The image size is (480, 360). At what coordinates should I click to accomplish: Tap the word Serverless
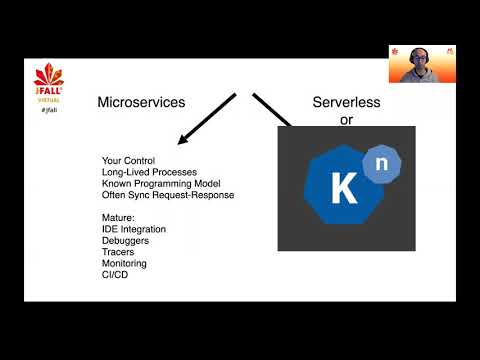[346, 101]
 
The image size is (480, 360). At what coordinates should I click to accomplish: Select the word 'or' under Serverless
[346, 119]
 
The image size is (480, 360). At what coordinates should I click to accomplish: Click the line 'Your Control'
[127, 161]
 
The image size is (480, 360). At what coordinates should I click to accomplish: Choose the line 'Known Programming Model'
[156, 183]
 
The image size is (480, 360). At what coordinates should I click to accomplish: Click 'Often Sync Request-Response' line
[167, 194]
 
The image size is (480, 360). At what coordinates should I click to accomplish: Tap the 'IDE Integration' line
[134, 229]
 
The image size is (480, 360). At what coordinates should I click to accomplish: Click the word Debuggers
[126, 241]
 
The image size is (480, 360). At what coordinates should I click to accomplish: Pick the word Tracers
[119, 252]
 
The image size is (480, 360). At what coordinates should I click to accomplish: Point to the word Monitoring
[124, 264]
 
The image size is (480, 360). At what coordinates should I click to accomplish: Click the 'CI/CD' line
[116, 275]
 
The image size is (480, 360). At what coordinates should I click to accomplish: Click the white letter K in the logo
[343, 189]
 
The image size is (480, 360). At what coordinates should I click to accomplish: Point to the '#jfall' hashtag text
[48, 108]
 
